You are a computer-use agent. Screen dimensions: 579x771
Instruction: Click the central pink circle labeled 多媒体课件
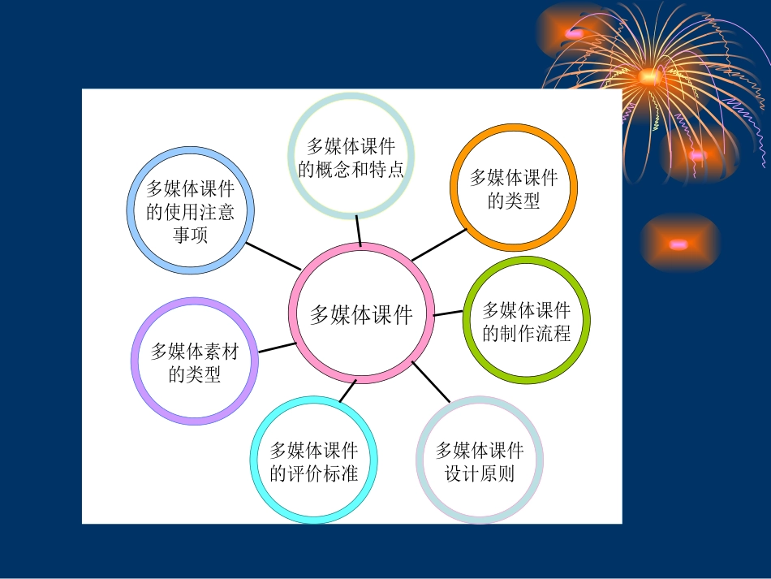[360, 313]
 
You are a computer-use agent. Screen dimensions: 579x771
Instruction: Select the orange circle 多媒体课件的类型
[514, 188]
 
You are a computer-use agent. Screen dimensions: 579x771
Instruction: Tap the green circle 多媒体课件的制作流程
[527, 321]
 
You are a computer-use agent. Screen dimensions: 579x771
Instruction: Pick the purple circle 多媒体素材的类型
[195, 361]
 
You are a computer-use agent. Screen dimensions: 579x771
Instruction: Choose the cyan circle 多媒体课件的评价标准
[313, 461]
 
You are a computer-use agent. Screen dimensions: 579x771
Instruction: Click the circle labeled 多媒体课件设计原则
[480, 460]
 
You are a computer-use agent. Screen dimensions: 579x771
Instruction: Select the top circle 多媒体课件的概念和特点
[351, 157]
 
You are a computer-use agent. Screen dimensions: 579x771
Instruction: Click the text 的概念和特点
[351, 169]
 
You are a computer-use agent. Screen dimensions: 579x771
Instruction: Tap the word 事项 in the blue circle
[191, 235]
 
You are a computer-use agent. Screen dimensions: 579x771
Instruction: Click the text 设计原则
[480, 473]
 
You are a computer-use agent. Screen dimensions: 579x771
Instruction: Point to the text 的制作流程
[527, 333]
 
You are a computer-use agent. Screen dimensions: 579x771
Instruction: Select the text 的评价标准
[313, 473]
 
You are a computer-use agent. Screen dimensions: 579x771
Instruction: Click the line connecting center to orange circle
[439, 244]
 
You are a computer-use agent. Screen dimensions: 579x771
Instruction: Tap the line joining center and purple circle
[277, 348]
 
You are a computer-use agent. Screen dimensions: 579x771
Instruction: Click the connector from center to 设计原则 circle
[431, 382]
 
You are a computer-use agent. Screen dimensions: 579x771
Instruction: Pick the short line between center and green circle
[447, 313]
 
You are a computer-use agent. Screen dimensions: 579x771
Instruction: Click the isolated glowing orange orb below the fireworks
[679, 244]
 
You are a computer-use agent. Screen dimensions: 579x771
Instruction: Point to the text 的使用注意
[191, 213]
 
